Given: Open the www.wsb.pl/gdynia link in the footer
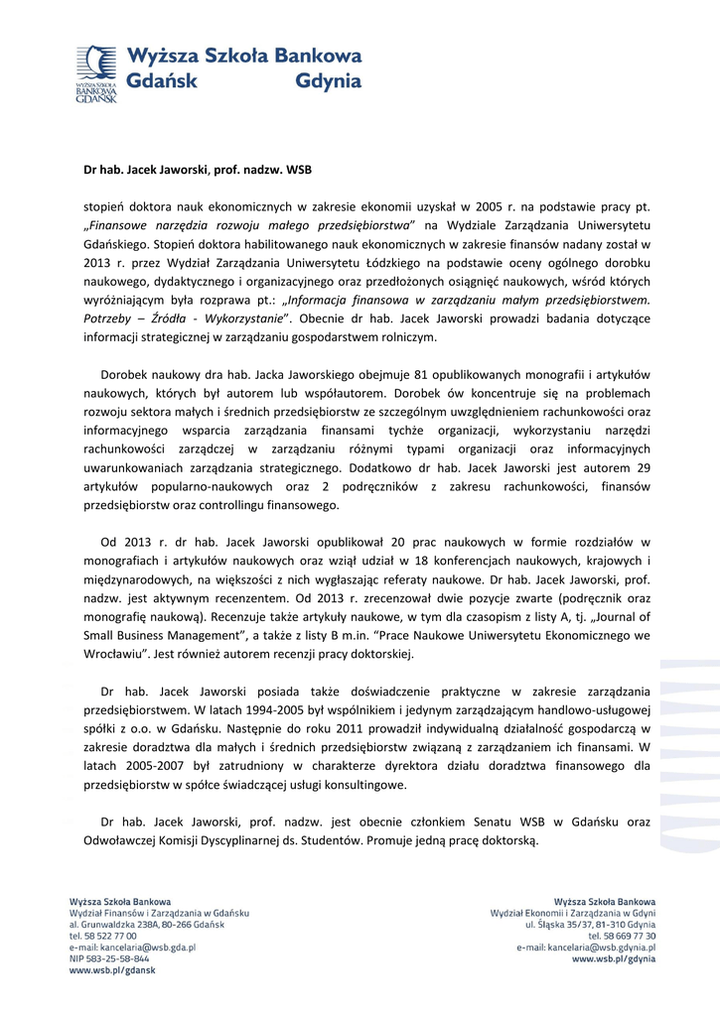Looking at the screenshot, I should coord(614,959).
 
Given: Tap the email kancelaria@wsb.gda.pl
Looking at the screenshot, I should coord(132,948).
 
